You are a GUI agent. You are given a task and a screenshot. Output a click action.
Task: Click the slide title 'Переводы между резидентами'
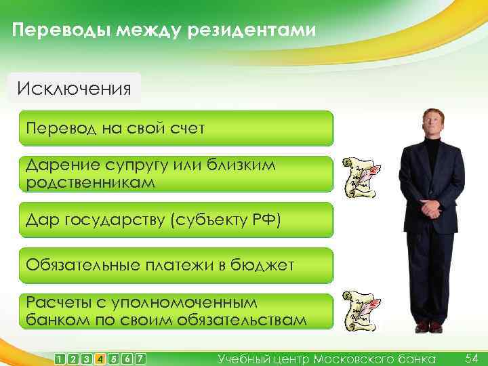(163, 30)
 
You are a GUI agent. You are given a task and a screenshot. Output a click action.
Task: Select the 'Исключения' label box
(74, 89)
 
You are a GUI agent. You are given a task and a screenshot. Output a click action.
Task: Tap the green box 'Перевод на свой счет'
(176, 128)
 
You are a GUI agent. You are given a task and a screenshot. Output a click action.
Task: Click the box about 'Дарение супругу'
(176, 174)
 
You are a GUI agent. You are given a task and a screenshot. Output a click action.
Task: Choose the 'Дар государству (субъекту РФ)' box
(176, 220)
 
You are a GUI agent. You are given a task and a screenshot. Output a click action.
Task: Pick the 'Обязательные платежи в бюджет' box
(176, 265)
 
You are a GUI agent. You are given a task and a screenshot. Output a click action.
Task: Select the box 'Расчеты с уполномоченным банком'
(176, 311)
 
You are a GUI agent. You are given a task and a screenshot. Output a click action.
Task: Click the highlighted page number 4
(100, 359)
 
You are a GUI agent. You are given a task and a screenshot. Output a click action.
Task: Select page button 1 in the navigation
(61, 359)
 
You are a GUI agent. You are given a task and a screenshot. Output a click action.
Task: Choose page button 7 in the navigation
(140, 359)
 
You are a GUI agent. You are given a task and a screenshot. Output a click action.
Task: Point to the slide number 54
(472, 357)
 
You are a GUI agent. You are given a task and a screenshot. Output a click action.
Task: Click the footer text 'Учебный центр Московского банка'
(327, 359)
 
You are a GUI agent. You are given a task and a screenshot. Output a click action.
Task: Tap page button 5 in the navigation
(113, 359)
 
